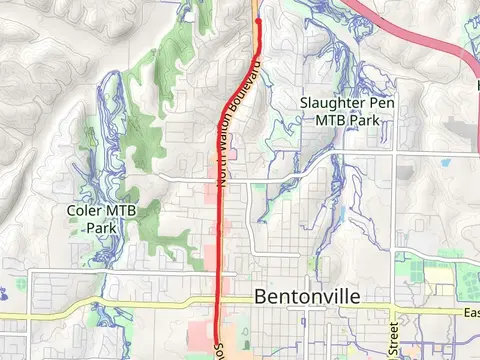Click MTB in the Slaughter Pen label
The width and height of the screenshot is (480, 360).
331,120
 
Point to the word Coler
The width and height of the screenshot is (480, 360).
86,211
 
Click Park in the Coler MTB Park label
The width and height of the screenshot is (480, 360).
101,228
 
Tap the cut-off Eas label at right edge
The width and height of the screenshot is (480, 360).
471,313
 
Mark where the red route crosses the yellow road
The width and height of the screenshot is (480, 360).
218,300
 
